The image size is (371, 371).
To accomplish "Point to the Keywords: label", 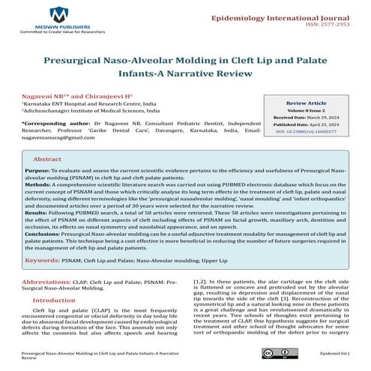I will click(x=59, y=261).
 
